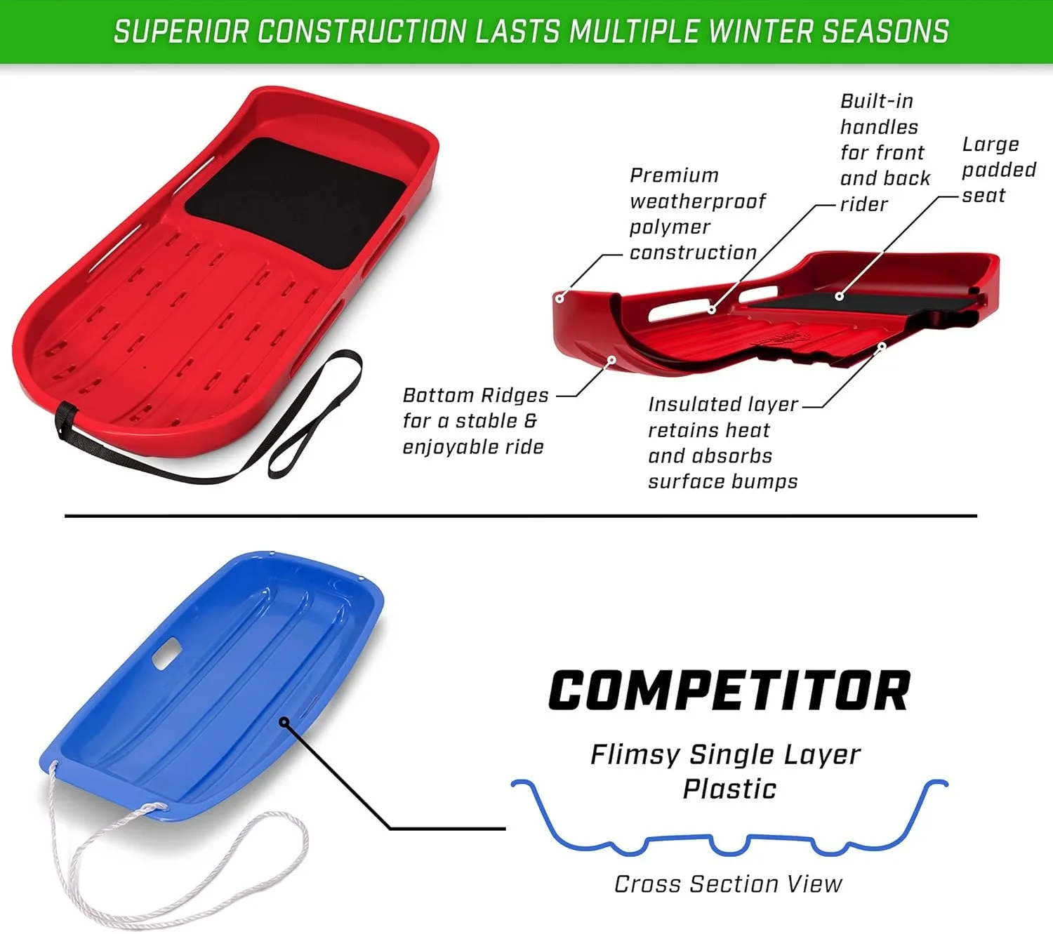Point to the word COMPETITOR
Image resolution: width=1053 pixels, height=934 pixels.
pyautogui.click(x=729, y=691)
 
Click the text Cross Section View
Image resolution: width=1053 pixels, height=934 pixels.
pyautogui.click(x=728, y=884)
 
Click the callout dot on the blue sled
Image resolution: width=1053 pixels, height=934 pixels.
pyautogui.click(x=284, y=721)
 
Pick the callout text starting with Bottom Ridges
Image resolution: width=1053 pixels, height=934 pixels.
pyautogui.click(x=475, y=421)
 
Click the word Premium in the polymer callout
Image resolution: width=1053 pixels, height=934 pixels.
pyautogui.click(x=674, y=175)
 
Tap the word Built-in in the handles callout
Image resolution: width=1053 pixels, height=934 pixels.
pyautogui.click(x=877, y=101)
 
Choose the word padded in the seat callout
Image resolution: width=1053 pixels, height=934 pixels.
pyautogui.click(x=999, y=171)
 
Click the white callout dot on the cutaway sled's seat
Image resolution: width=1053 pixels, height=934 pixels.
pyautogui.click(x=839, y=296)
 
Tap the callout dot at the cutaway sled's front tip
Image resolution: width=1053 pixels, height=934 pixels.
pyautogui.click(x=559, y=298)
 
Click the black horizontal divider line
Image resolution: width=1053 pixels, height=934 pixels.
pyautogui.click(x=521, y=516)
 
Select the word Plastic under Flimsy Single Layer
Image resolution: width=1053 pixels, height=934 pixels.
pyautogui.click(x=729, y=789)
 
